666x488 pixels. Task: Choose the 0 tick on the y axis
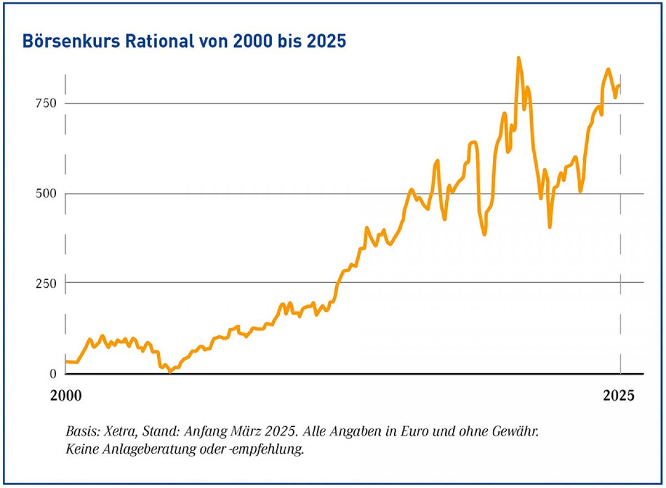53,373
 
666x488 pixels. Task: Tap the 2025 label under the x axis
618,396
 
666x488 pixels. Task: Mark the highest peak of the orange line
518,58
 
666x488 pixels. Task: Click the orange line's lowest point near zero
170,372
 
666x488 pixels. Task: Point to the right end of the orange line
619,85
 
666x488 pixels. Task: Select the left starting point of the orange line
66,362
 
